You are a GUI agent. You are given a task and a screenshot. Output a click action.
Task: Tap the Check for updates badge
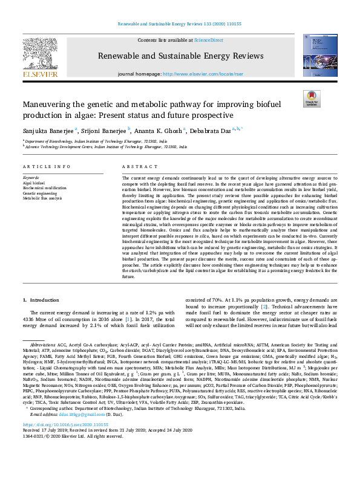tap(310, 99)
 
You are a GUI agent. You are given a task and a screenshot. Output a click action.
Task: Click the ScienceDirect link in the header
tap(208, 39)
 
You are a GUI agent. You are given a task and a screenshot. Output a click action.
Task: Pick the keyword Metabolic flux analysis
tap(43, 198)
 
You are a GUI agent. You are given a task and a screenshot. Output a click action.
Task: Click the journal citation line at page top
tap(180, 25)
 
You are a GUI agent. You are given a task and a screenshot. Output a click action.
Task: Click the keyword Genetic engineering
tap(38, 192)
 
